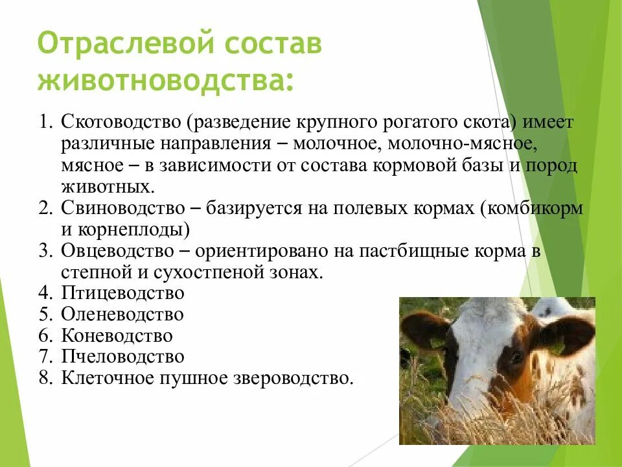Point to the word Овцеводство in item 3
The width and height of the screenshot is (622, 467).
point(118,251)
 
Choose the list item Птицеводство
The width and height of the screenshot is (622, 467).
point(122,293)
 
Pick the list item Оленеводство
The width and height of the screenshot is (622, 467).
point(122,315)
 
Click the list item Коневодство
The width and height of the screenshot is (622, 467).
point(117,336)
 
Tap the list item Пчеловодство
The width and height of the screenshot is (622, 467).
point(122,357)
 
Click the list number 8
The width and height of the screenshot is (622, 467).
point(45,378)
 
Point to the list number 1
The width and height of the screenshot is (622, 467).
point(45,122)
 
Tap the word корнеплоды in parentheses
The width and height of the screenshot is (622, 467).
point(134,230)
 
